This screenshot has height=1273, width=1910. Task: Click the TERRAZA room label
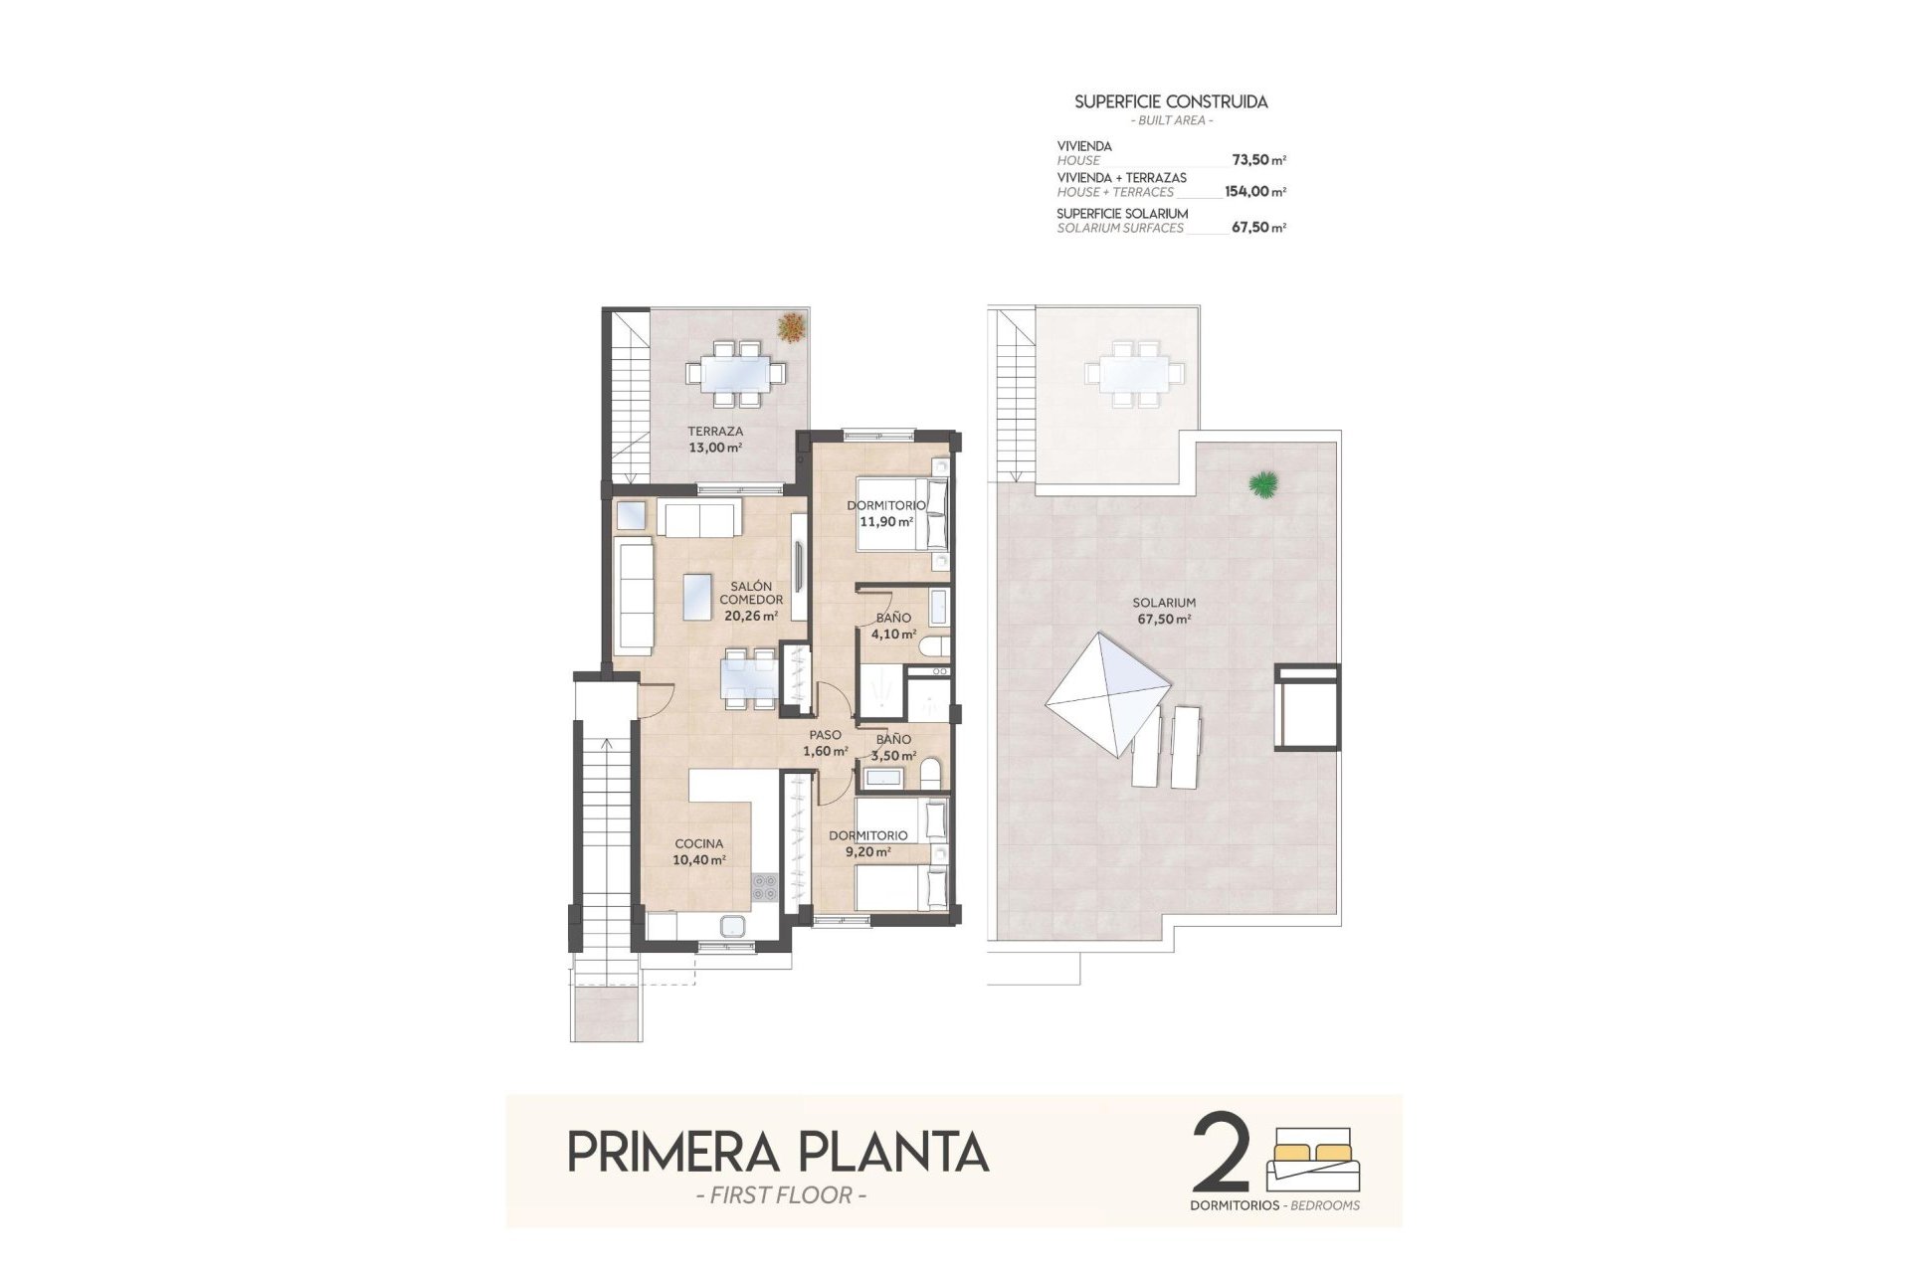point(715,432)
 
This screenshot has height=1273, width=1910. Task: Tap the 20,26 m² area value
point(751,616)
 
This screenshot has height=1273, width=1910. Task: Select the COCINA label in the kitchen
point(699,843)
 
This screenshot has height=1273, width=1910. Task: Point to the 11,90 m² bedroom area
point(886,521)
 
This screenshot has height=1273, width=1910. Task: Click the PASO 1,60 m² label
point(825,743)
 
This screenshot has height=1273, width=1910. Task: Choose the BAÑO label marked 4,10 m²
point(893,618)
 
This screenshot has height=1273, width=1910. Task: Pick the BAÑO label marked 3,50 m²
point(893,739)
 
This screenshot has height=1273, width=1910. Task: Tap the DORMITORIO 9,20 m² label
point(867,843)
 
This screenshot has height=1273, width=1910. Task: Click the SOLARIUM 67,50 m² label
point(1164,610)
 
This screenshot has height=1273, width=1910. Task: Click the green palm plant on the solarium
point(1264,484)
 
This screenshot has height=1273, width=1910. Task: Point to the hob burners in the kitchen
point(764,887)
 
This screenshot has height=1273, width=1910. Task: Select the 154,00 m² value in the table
point(1254,192)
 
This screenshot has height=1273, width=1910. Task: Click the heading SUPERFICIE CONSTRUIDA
point(1171,101)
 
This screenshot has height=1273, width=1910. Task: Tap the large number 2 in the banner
point(1221,1154)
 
